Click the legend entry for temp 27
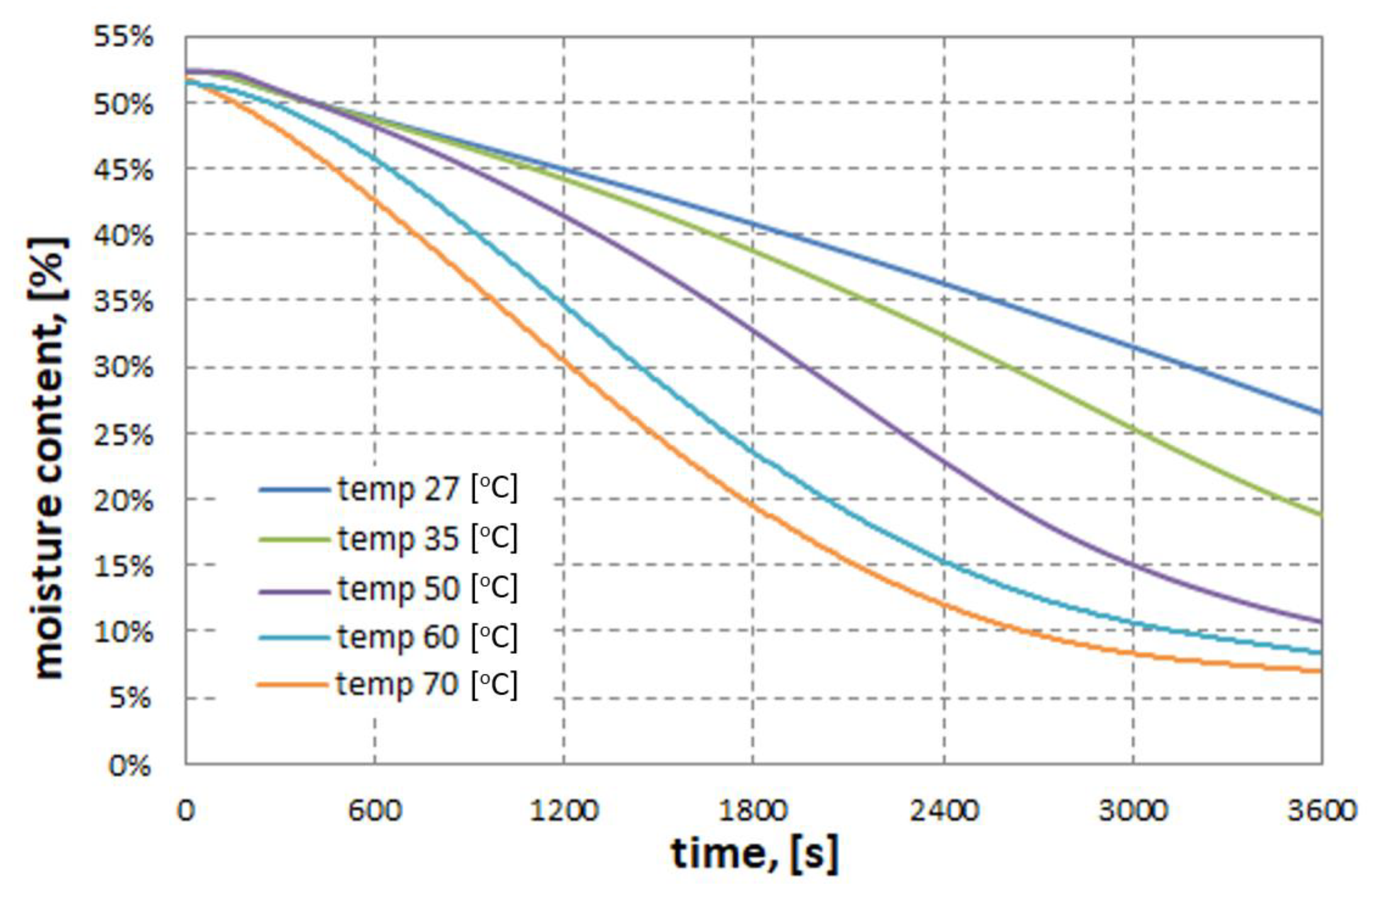(428, 489)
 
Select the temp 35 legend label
(428, 539)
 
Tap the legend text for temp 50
(428, 589)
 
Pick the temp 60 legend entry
(428, 637)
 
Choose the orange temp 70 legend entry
(428, 685)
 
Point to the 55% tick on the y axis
(123, 38)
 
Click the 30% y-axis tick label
(123, 367)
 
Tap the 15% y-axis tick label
(123, 567)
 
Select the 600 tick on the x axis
(374, 811)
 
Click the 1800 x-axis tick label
(753, 811)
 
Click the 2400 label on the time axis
(944, 811)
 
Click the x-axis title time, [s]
(754, 854)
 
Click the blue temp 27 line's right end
(1320, 413)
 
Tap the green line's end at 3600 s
(1320, 514)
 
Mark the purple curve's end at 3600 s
(1320, 621)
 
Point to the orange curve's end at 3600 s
(1320, 671)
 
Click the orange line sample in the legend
(294, 685)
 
